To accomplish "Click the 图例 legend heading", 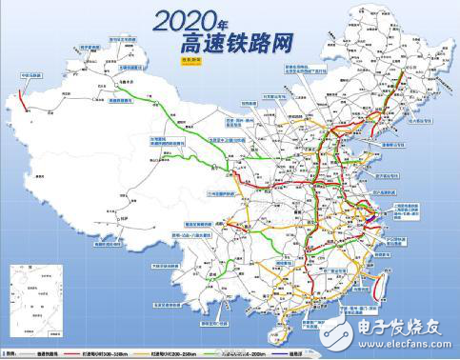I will [x=13, y=351].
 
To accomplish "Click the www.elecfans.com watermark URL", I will [x=411, y=338].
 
